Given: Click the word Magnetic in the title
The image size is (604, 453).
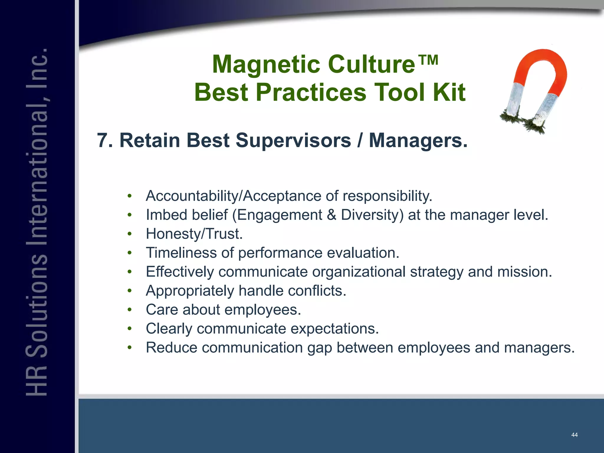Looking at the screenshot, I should pyautogui.click(x=266, y=64).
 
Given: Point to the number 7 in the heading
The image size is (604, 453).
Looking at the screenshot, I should pyautogui.click(x=102, y=140).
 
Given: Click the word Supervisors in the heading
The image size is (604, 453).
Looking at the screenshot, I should pyautogui.click(x=293, y=140).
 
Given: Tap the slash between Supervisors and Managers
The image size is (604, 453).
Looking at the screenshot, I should pyautogui.click(x=360, y=140).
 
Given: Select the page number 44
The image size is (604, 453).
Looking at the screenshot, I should pyautogui.click(x=574, y=435).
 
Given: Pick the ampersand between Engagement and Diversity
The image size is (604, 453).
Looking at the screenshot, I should pyautogui.click(x=331, y=215).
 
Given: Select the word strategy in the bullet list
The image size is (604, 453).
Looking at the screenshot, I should pyautogui.click(x=436, y=272).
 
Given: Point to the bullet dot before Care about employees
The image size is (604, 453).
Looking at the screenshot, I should pyautogui.click(x=129, y=310).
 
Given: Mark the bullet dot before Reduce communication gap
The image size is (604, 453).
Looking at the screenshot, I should pyautogui.click(x=129, y=348).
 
